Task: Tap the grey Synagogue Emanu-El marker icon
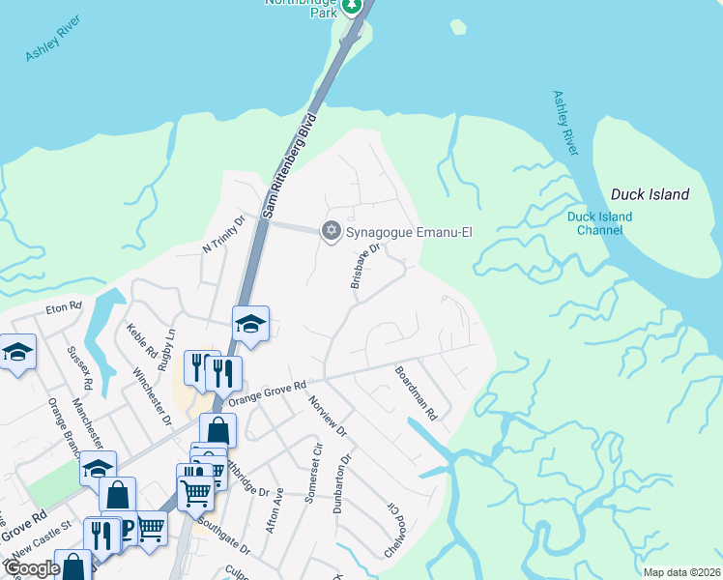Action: (x=332, y=230)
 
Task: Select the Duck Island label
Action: (x=650, y=194)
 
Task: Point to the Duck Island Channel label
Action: (x=599, y=223)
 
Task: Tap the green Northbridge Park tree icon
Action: (x=353, y=5)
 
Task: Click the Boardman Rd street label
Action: (x=417, y=391)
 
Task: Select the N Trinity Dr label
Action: (x=224, y=233)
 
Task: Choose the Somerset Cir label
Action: (x=311, y=473)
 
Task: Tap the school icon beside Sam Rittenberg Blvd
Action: (x=249, y=325)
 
